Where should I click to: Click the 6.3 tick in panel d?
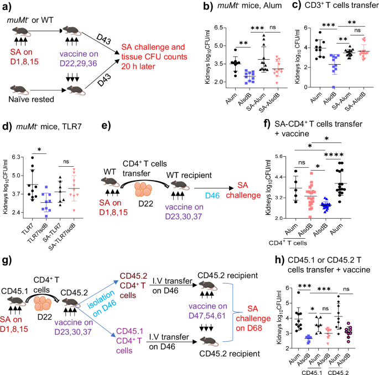point(17,158)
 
